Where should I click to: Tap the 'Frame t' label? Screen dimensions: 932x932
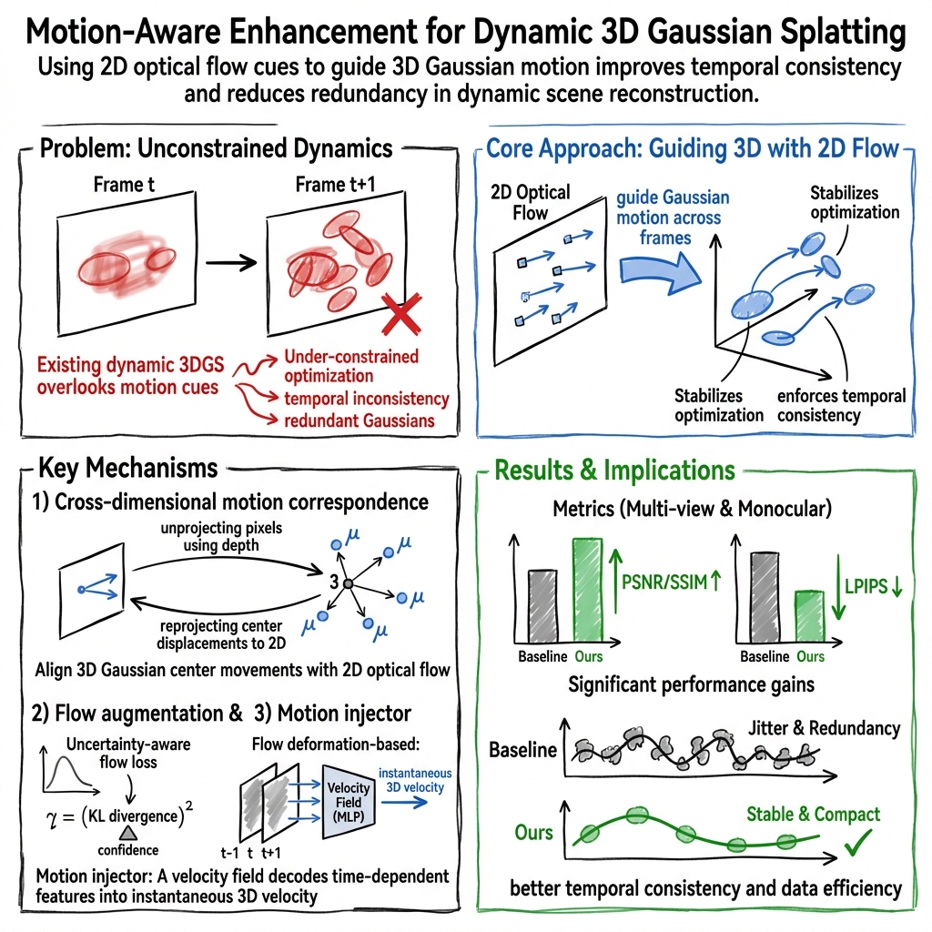coord(118,185)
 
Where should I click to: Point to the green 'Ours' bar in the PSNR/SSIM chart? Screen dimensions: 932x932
coord(587,589)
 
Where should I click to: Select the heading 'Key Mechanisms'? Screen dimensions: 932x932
coord(127,468)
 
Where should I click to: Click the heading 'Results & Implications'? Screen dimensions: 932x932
coord(614,470)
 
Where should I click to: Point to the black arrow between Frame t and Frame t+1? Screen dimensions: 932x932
coord(231,265)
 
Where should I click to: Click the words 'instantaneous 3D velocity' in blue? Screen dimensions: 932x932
coord(414,780)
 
